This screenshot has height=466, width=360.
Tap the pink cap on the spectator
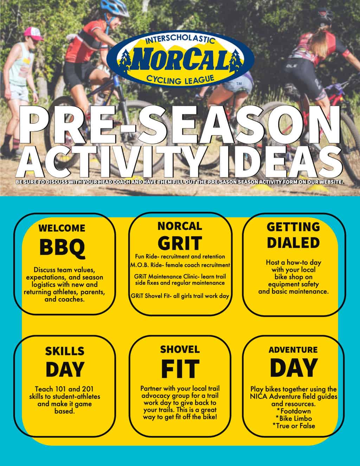click(33, 34)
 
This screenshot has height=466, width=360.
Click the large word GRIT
click(180, 243)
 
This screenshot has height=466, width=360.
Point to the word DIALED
click(293, 243)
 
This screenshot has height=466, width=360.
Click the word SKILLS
click(64, 351)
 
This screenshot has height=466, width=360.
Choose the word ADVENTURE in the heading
click(293, 350)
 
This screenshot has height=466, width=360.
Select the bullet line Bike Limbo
click(294, 418)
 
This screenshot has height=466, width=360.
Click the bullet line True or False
click(294, 426)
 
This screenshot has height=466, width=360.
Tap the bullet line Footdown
click(294, 411)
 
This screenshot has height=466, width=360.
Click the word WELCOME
click(62, 228)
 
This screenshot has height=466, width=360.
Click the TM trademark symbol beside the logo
click(239, 84)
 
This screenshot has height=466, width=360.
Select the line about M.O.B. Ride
click(180, 265)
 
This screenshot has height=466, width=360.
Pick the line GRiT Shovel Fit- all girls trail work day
click(180, 296)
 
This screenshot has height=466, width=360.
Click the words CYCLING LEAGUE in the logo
click(180, 79)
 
